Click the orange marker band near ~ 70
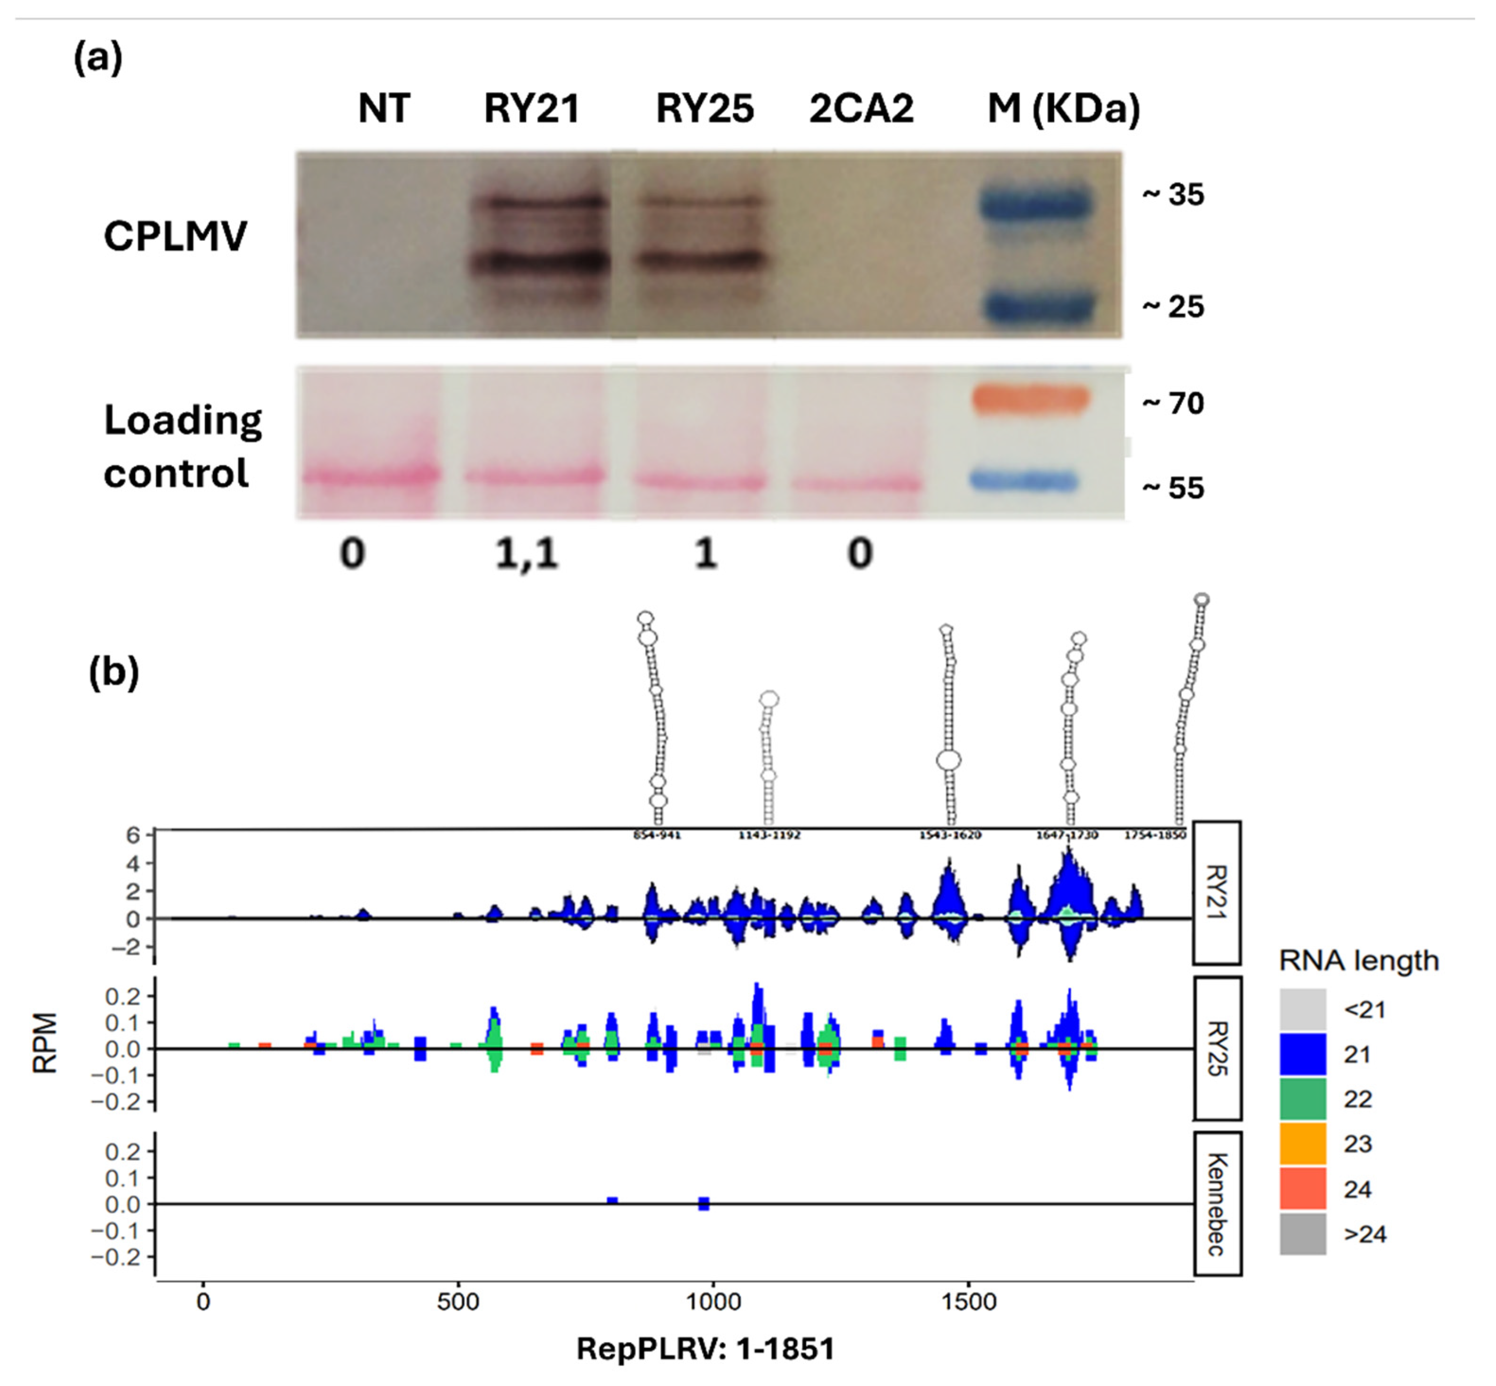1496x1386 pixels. click(x=1029, y=399)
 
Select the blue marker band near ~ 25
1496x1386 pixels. click(x=1037, y=307)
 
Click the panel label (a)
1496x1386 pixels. click(x=98, y=58)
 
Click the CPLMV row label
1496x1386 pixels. click(x=175, y=236)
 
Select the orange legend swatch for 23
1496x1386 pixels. click(x=1302, y=1144)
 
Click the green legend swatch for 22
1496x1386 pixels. click(x=1302, y=1099)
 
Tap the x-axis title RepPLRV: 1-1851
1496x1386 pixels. click(x=705, y=1348)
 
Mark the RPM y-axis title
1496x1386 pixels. click(x=45, y=1043)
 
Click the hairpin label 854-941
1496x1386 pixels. click(x=657, y=835)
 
